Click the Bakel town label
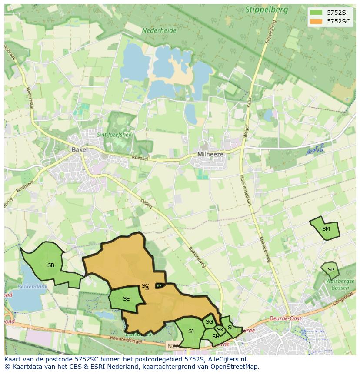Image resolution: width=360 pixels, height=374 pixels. [80, 149]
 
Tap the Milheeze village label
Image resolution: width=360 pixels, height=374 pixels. [210, 154]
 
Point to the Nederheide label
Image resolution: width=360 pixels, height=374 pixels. [159, 31]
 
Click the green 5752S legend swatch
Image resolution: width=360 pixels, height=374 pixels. [316, 12]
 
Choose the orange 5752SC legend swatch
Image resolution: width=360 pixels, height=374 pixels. [316, 21]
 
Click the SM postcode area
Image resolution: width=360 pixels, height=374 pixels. [326, 229]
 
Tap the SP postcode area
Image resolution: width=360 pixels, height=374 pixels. [331, 270]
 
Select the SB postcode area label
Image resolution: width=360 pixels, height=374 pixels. [51, 265]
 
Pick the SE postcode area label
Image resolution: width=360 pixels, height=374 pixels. [126, 299]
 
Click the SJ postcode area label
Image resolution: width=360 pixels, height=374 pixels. [191, 331]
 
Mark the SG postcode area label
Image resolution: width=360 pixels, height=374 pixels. [209, 322]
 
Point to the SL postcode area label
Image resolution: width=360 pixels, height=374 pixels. [231, 328]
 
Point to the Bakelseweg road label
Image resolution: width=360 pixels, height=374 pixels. [197, 258]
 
